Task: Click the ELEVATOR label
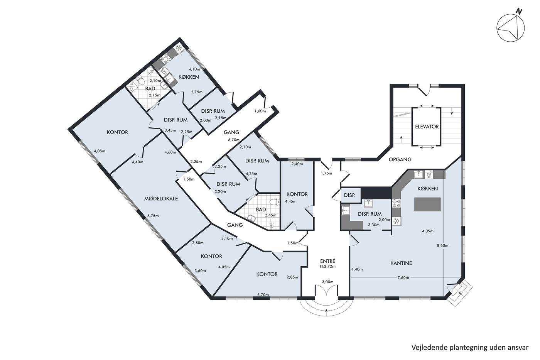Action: tap(427, 127)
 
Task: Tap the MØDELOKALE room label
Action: tap(161, 198)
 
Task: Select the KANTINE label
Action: tap(401, 263)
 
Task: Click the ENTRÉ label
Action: tap(327, 261)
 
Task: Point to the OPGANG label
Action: tap(400, 159)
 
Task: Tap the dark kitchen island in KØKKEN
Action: tap(427, 205)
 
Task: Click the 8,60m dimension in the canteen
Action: tap(443, 246)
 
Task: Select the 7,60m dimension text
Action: tap(403, 277)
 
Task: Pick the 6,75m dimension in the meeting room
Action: tap(153, 216)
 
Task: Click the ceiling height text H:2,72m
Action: tap(327, 267)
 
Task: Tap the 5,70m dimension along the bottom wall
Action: tap(263, 294)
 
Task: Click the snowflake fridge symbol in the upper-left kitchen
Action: tap(179, 49)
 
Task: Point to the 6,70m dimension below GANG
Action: tap(234, 140)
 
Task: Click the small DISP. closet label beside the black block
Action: tap(349, 195)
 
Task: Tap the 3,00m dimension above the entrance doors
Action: tap(327, 282)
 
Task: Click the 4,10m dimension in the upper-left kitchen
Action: tap(194, 69)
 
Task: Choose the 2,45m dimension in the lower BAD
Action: tap(270, 215)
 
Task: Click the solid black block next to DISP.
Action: tap(376, 193)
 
